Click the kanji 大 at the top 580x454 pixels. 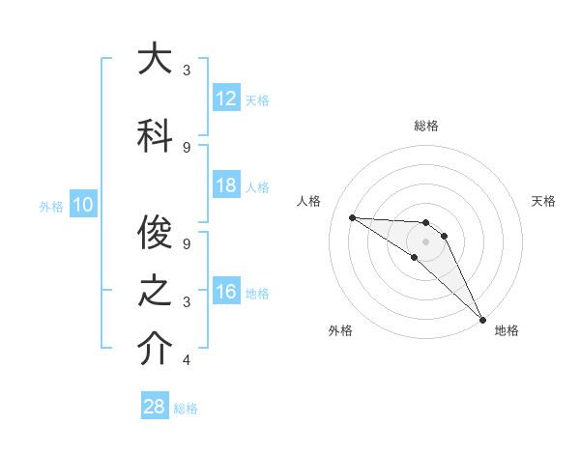pyautogui.click(x=154, y=59)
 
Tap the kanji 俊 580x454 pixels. pyautogui.click(x=154, y=232)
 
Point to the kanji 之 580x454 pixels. pyautogui.click(x=154, y=291)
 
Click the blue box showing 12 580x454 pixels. pyautogui.click(x=226, y=99)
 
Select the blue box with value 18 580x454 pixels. pyautogui.click(x=226, y=186)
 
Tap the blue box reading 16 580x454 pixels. pyautogui.click(x=226, y=292)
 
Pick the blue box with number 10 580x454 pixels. pyautogui.click(x=83, y=205)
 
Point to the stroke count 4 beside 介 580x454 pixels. pyautogui.click(x=187, y=360)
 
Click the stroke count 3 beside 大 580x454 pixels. pyautogui.click(x=187, y=71)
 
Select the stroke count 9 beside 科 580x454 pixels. pyautogui.click(x=187, y=147)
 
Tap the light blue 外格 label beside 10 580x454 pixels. pyautogui.click(x=51, y=206)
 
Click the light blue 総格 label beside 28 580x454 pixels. pyautogui.click(x=186, y=409)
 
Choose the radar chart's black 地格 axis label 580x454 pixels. pyautogui.click(x=507, y=330)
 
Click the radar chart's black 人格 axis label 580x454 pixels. pyautogui.click(x=309, y=201)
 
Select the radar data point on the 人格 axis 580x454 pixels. pyautogui.click(x=352, y=217)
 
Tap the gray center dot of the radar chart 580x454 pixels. pyautogui.click(x=425, y=241)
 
